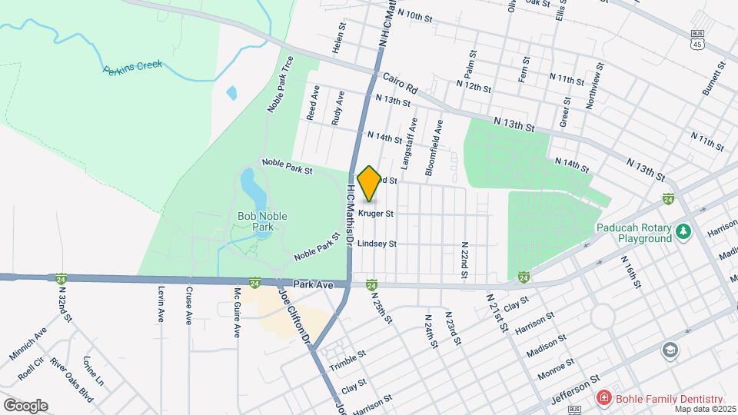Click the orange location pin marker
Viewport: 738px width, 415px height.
pyautogui.click(x=369, y=184)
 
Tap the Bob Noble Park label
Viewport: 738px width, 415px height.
pyautogui.click(x=262, y=221)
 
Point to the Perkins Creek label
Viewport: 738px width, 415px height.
pyautogui.click(x=132, y=67)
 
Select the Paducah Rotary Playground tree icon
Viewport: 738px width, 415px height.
pyautogui.click(x=682, y=231)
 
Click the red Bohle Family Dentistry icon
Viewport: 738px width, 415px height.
pyautogui.click(x=605, y=398)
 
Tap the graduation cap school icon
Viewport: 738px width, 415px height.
pyautogui.click(x=670, y=350)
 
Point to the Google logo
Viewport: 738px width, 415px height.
pyautogui.click(x=25, y=405)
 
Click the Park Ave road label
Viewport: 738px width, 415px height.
pyautogui.click(x=313, y=284)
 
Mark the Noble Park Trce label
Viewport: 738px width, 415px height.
pyautogui.click(x=281, y=88)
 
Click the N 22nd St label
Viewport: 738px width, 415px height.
pyautogui.click(x=464, y=257)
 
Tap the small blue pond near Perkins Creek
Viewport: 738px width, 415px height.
pyautogui.click(x=232, y=93)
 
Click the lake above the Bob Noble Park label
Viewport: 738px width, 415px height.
pyautogui.click(x=249, y=184)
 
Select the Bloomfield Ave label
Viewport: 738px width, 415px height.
pyautogui.click(x=434, y=147)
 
